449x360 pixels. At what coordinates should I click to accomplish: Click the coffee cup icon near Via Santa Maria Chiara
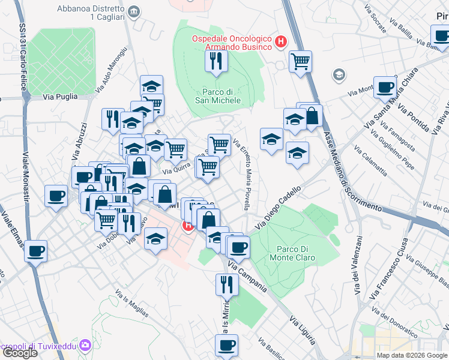coord(385,87)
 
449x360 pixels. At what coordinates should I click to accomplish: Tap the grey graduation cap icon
coord(339,75)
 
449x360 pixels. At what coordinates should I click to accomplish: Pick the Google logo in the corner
coord(19,353)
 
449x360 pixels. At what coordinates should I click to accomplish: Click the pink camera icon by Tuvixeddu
coord(85,345)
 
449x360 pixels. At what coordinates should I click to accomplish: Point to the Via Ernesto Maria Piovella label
coord(242,174)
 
